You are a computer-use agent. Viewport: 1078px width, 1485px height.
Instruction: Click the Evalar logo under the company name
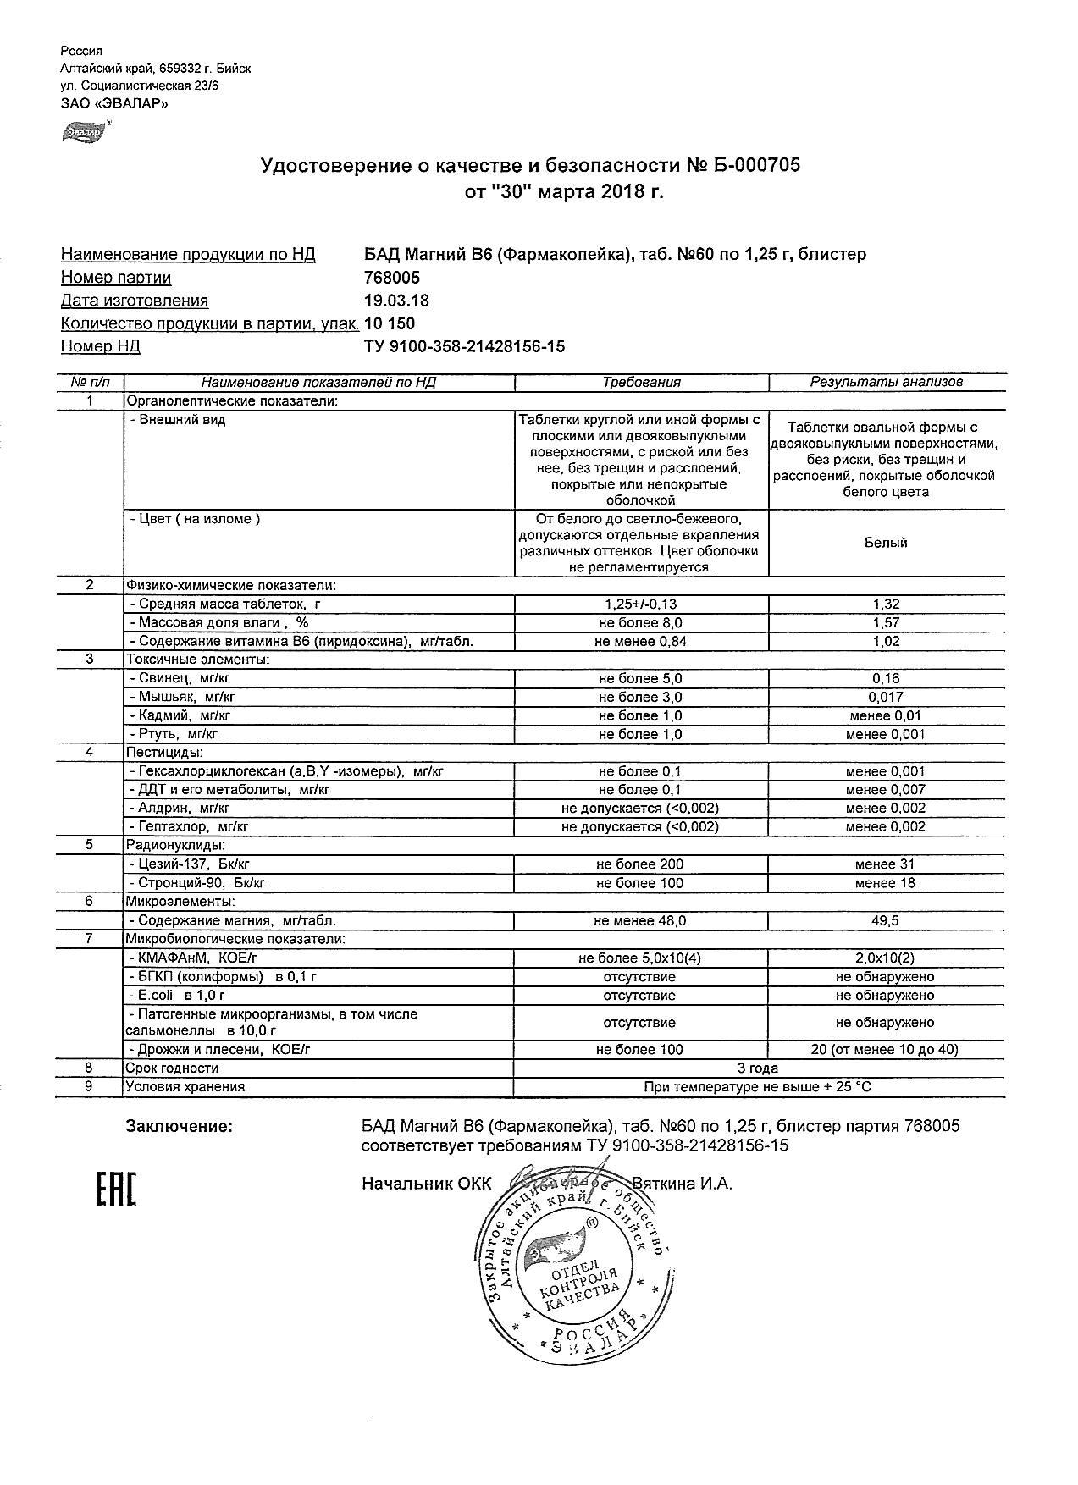click(x=85, y=131)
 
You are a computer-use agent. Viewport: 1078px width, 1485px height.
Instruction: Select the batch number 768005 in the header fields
click(x=391, y=278)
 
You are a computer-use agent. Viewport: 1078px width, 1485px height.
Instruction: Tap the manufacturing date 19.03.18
click(x=395, y=301)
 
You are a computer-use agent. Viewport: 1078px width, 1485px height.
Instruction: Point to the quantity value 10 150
click(x=390, y=323)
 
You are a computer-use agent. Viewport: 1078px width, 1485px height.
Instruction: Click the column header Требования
click(x=641, y=382)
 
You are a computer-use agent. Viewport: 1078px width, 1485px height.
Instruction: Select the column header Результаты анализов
click(x=886, y=382)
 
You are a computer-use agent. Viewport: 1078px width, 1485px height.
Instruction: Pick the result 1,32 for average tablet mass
click(x=886, y=604)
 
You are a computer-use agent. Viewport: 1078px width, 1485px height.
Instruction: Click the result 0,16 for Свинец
click(x=886, y=679)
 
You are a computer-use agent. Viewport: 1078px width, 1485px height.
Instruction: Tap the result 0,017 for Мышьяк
click(x=886, y=698)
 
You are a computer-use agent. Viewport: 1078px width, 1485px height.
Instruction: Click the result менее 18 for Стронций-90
click(x=886, y=883)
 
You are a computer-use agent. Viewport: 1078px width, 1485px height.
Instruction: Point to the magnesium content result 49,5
click(x=886, y=920)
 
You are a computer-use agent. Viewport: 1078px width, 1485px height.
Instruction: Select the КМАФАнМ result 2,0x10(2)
click(x=886, y=958)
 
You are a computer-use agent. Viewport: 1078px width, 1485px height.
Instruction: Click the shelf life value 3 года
click(x=758, y=1068)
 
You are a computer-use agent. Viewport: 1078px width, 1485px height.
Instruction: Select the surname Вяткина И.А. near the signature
click(x=682, y=1184)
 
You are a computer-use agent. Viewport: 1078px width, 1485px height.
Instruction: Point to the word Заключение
click(x=179, y=1126)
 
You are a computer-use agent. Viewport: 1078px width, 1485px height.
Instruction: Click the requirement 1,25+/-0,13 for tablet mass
click(x=641, y=604)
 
